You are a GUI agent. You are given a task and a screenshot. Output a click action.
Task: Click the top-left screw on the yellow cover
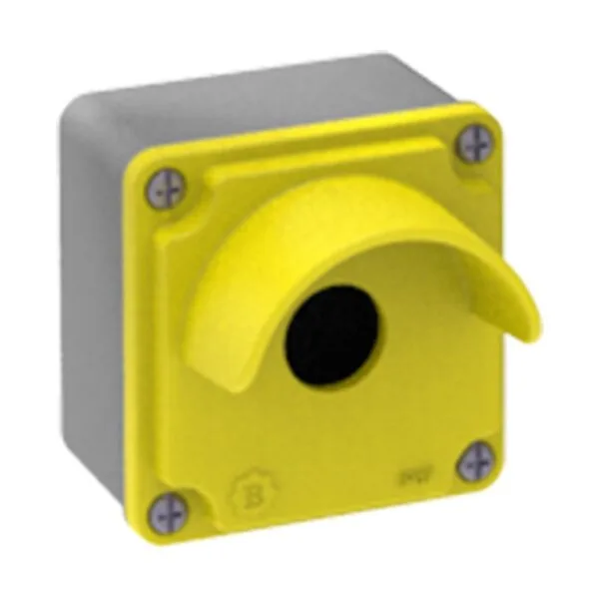[x=166, y=189]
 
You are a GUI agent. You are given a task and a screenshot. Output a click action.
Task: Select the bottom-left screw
[x=167, y=511]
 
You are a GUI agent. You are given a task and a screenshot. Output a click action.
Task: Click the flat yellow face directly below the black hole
[x=329, y=429]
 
